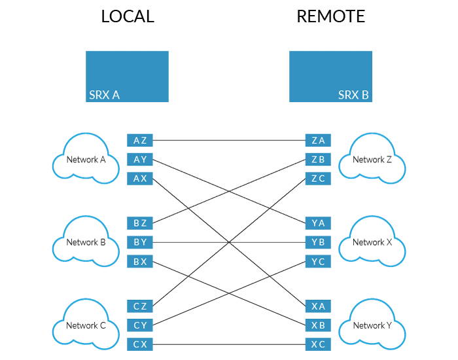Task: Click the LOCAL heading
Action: pyautogui.click(x=128, y=16)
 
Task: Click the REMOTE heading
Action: pyautogui.click(x=330, y=16)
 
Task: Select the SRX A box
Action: pyautogui.click(x=128, y=77)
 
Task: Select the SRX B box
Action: pyautogui.click(x=330, y=77)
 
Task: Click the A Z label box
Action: pyautogui.click(x=140, y=140)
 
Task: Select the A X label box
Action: pyautogui.click(x=140, y=178)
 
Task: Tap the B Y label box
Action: pyautogui.click(x=140, y=242)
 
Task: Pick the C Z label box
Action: pyautogui.click(x=140, y=306)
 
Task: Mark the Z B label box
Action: pyautogui.click(x=319, y=159)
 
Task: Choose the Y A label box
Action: pyautogui.click(x=319, y=223)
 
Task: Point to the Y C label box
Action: pyautogui.click(x=319, y=261)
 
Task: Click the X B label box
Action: pyautogui.click(x=319, y=325)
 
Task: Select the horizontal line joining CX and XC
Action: pyautogui.click(x=229, y=344)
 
